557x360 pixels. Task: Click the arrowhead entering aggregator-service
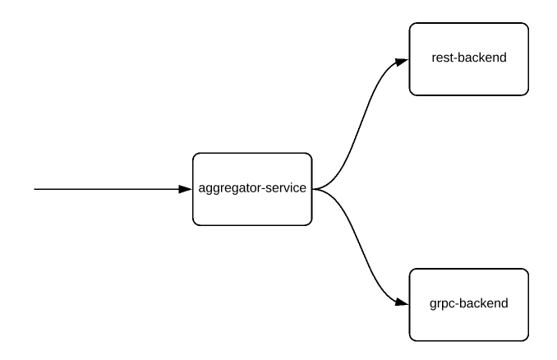(x=186, y=189)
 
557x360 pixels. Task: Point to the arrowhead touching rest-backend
(x=402, y=60)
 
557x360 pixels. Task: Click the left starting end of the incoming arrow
(x=35, y=189)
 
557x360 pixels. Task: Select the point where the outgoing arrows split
(x=315, y=189)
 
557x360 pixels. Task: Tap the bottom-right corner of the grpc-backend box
(x=528, y=340)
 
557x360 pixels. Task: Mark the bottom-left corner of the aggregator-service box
(x=194, y=224)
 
